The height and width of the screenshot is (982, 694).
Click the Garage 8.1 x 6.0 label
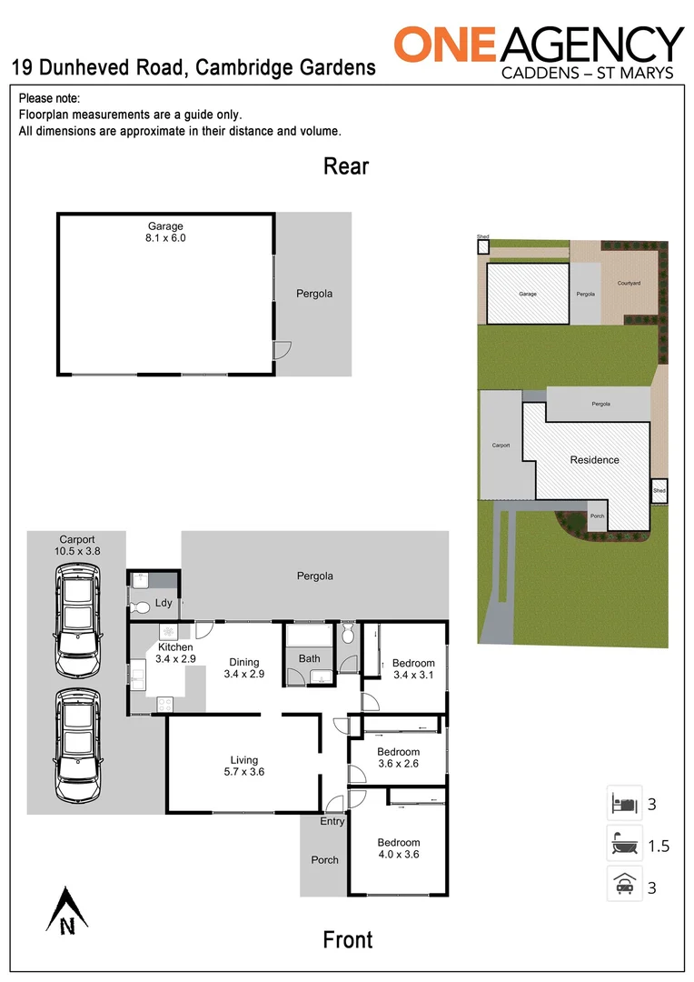coord(166,232)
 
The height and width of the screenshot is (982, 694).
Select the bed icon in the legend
coord(624,803)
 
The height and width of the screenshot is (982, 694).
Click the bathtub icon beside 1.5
coord(624,844)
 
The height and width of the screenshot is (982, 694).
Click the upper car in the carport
coord(78,620)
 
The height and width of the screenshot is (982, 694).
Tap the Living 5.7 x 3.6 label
coord(243,766)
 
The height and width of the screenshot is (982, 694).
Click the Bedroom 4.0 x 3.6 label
coord(399,848)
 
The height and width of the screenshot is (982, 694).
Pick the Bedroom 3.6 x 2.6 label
coord(399,757)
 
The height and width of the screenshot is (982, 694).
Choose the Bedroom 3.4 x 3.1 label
coord(413,669)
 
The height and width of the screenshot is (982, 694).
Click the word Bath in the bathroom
coord(309,658)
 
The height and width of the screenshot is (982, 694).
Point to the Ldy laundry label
coord(164,603)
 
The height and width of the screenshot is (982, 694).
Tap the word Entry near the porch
coord(332,821)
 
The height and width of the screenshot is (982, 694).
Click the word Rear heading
coord(346,166)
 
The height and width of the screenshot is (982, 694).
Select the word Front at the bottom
coord(348,939)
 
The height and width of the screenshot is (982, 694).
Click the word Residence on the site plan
coord(594,460)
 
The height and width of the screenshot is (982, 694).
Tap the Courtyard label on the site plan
coord(629,284)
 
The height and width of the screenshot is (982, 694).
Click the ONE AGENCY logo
coord(538,51)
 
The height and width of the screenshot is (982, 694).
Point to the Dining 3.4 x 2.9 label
coord(243,668)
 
